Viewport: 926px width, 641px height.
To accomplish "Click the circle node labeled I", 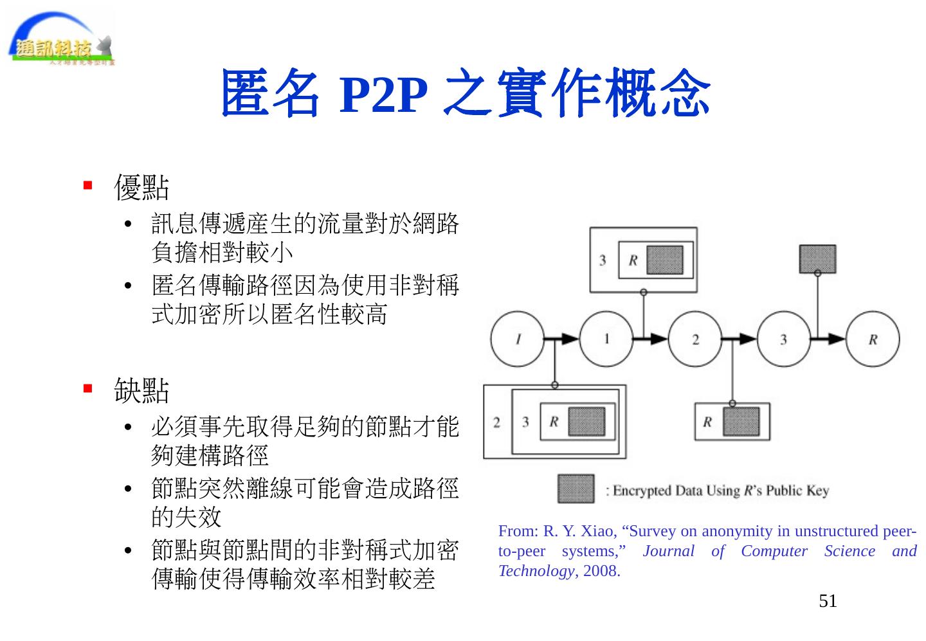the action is tap(518, 339).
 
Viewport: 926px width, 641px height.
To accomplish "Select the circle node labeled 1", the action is tap(606, 339).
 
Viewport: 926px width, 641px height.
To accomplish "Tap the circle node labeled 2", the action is tap(695, 339).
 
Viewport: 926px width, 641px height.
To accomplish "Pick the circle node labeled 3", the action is tap(784, 339).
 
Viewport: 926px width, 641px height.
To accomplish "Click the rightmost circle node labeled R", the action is tap(873, 339).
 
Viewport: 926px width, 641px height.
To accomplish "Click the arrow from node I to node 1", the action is tap(563, 339).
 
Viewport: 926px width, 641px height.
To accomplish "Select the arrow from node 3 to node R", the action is tap(829, 339).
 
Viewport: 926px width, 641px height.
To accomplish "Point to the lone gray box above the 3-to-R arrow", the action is tap(817, 258).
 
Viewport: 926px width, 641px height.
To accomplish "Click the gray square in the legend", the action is tap(576, 489).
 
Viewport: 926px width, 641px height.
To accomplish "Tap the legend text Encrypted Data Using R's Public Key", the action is tap(718, 491).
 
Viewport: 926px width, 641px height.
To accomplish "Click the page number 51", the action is tap(828, 601).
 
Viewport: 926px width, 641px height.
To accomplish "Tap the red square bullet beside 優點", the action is tap(88, 186).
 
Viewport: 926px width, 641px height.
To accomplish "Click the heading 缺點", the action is tap(141, 390).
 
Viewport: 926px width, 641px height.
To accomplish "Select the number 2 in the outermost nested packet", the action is tap(497, 422).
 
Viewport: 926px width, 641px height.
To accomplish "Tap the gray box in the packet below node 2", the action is tap(741, 422).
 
